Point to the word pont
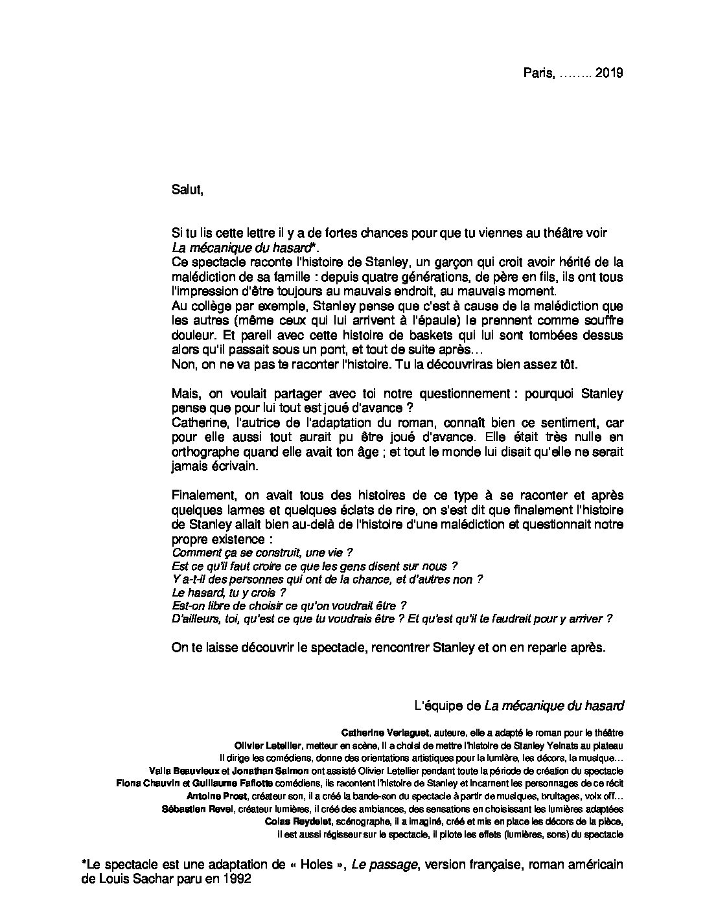333,350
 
